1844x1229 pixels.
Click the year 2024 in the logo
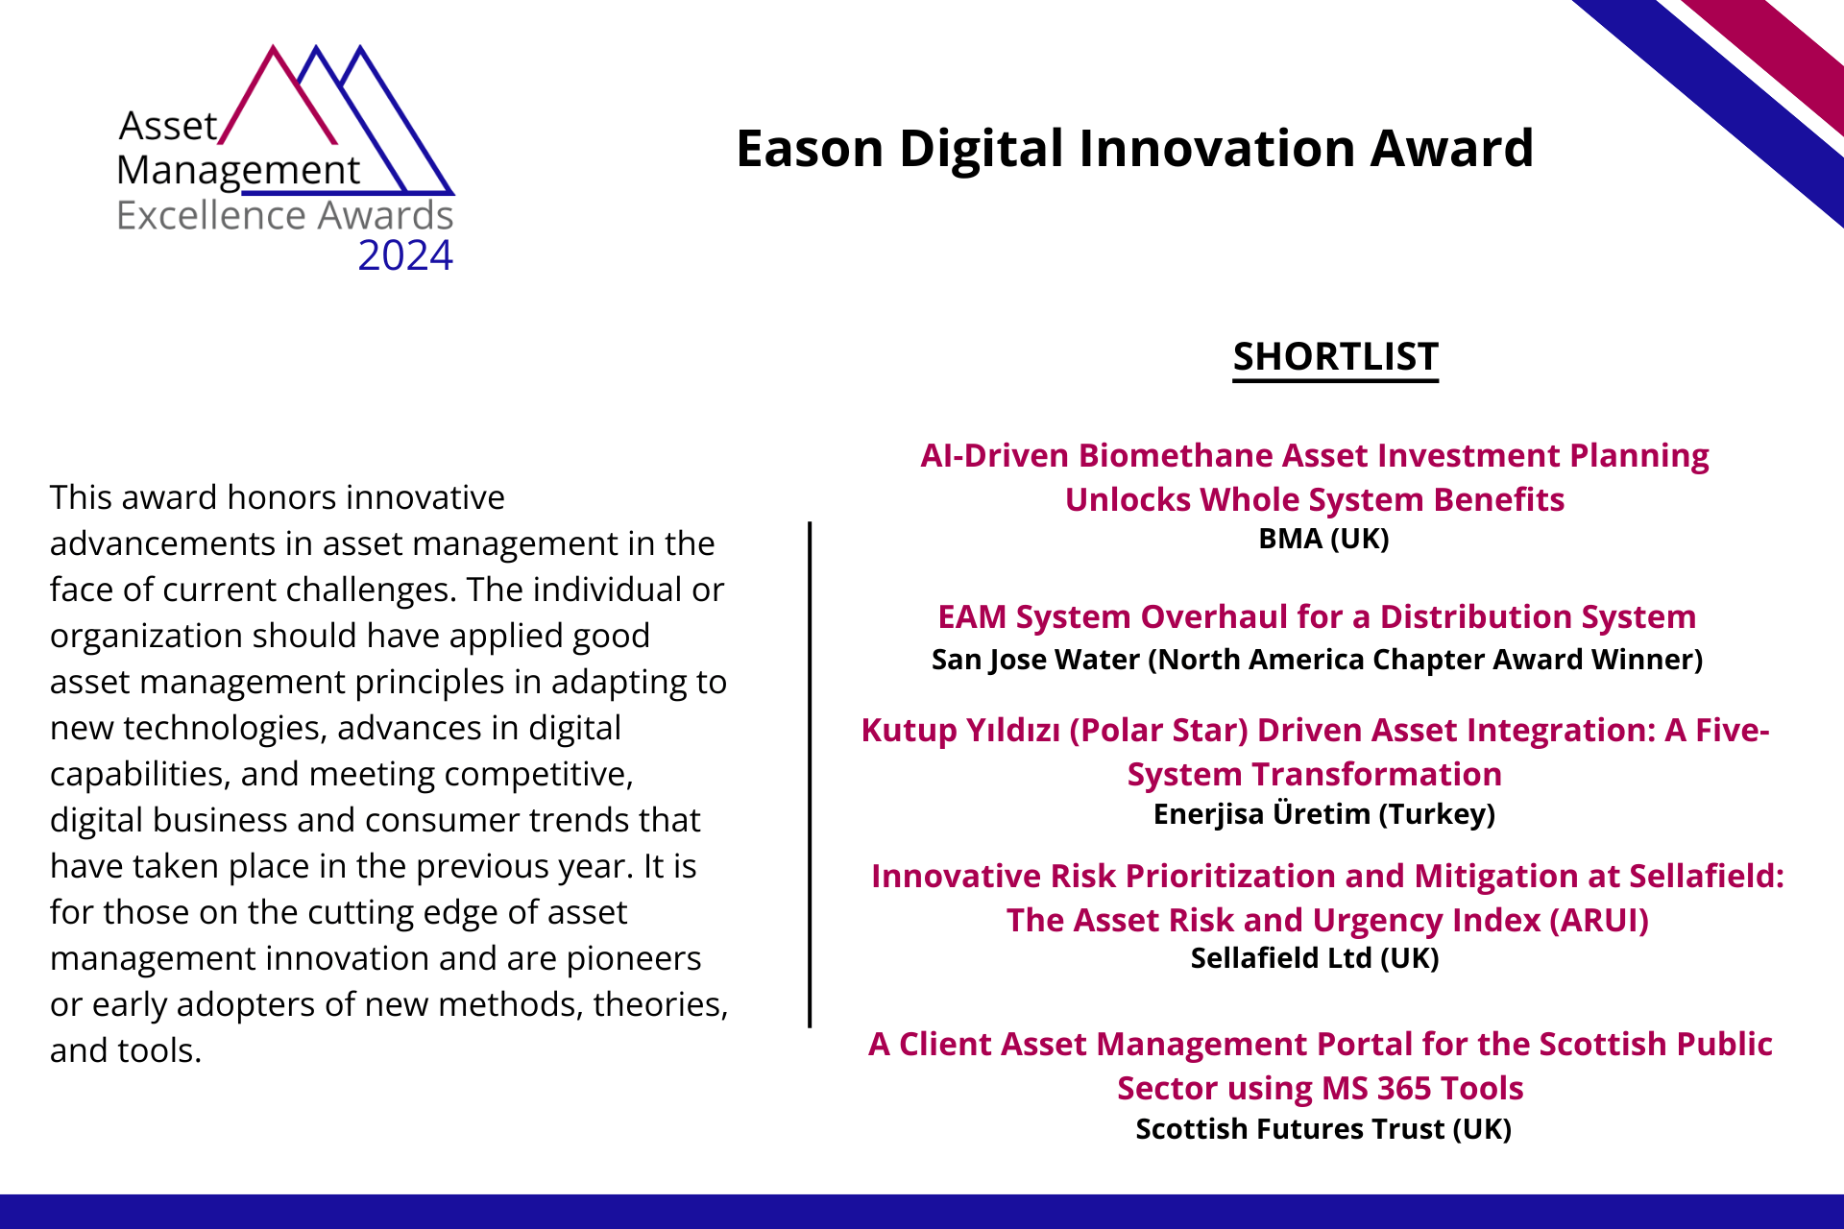pyautogui.click(x=405, y=255)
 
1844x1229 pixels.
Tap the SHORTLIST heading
pyautogui.click(x=1336, y=356)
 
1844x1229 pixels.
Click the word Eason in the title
pyautogui.click(x=810, y=148)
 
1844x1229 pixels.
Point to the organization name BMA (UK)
pyautogui.click(x=1323, y=539)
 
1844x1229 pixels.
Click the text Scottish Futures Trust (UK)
pyautogui.click(x=1323, y=1129)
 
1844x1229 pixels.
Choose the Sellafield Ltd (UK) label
pyautogui.click(x=1315, y=958)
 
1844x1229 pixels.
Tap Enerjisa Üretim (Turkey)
pyautogui.click(x=1323, y=813)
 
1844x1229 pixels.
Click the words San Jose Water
pyautogui.click(x=1035, y=660)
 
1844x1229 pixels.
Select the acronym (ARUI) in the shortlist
pyautogui.click(x=1599, y=920)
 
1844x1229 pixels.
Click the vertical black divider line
pyautogui.click(x=810, y=774)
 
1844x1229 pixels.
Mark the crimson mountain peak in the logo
pyautogui.click(x=274, y=48)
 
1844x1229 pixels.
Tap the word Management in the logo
pyautogui.click(x=238, y=171)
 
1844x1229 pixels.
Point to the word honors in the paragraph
pyautogui.click(x=281, y=497)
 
